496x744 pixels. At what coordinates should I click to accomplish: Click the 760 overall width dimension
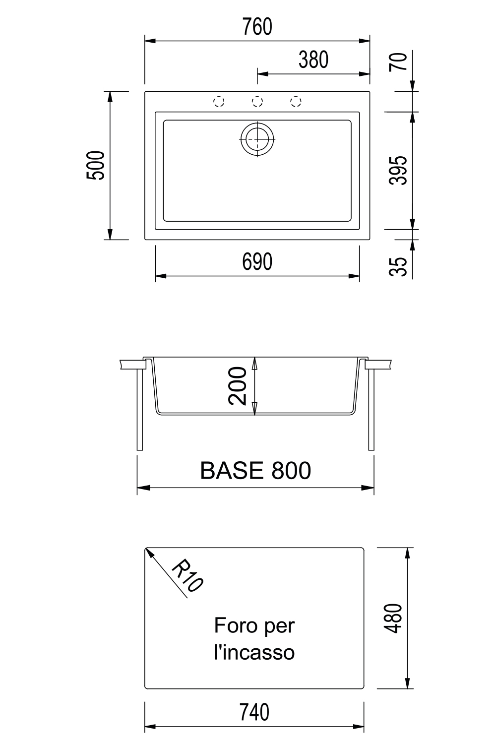257,27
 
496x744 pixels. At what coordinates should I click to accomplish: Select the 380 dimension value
313,60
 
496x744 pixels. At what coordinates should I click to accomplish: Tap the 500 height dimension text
96,165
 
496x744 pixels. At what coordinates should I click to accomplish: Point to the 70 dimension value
398,62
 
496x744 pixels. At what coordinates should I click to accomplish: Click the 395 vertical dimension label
398,170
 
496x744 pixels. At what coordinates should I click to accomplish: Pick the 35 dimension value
398,266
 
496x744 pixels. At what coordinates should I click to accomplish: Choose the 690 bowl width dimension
257,262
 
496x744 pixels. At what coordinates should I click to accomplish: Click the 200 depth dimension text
238,386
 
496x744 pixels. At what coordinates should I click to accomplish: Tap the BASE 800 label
255,470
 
